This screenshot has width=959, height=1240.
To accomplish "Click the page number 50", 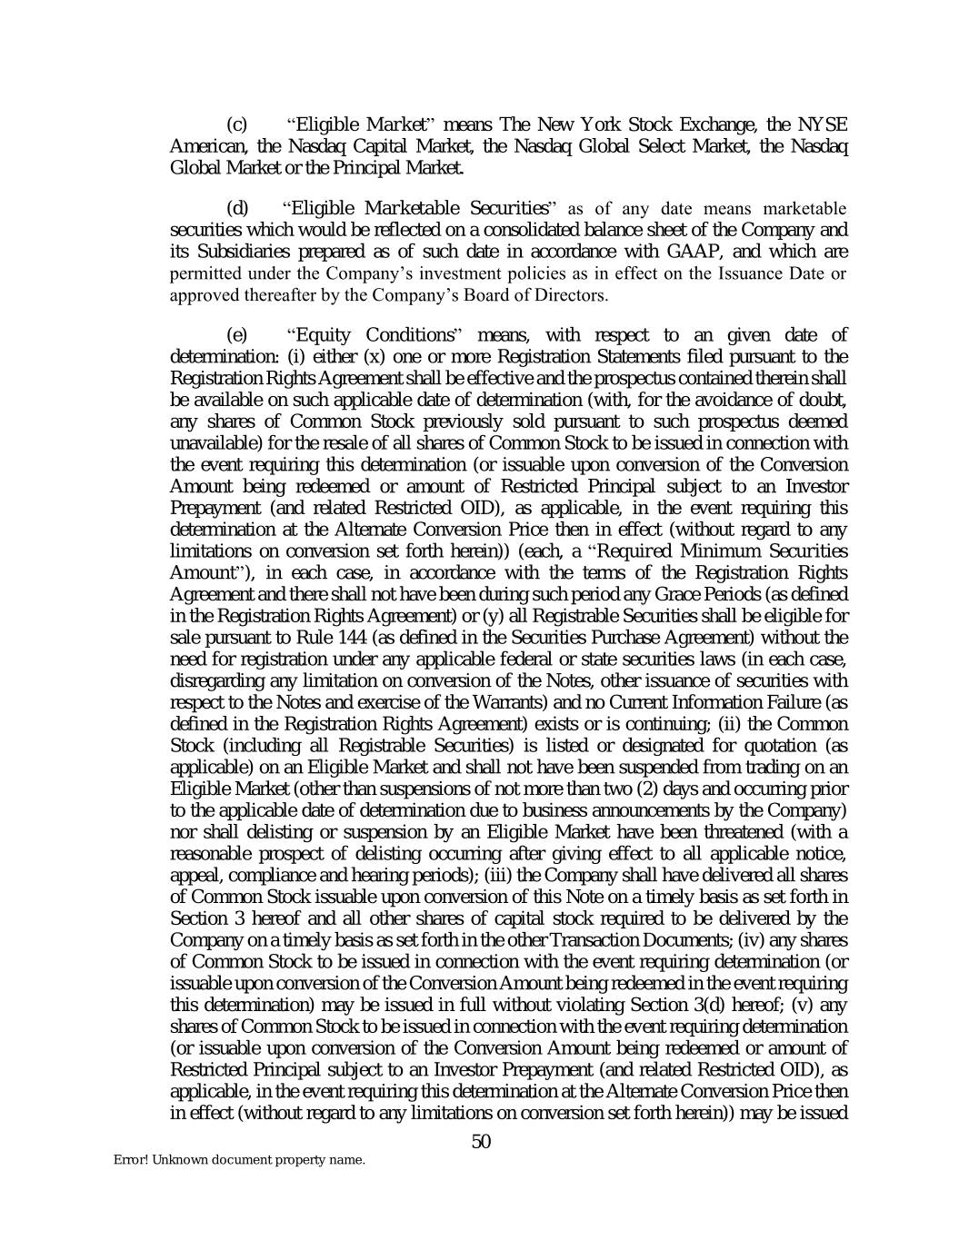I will (481, 1142).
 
